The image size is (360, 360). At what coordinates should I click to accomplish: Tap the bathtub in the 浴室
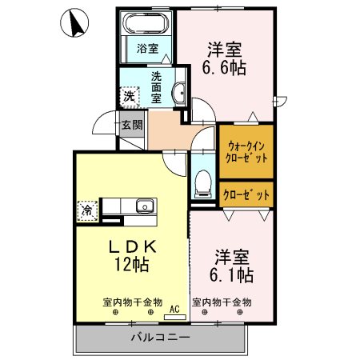point(146,23)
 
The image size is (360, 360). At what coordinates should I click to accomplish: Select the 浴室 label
point(146,48)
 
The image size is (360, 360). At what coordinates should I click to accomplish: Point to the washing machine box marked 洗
point(129,97)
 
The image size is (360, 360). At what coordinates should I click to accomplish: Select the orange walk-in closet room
point(246,152)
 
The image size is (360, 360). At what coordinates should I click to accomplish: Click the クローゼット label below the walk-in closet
point(246,194)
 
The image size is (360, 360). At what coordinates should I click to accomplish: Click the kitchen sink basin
point(144,206)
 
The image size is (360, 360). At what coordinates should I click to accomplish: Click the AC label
point(173,306)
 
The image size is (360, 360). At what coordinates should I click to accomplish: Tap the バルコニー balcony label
point(160,338)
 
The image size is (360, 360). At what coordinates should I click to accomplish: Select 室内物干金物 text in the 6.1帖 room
point(222,302)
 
